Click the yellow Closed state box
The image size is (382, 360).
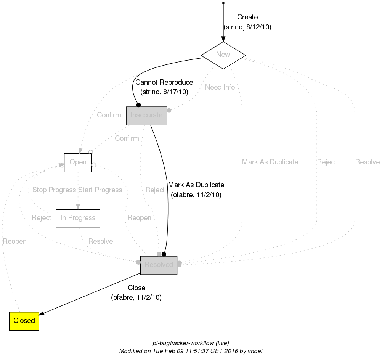pos(24,321)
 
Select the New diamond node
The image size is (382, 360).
pos(223,55)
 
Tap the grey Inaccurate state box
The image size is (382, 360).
pos(147,116)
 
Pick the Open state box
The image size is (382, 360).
pos(78,162)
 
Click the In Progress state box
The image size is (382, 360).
pos(78,218)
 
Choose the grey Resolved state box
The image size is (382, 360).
pos(159,265)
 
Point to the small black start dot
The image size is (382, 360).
pos(223,3)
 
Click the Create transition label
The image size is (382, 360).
pos(247,17)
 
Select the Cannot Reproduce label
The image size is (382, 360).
pos(164,82)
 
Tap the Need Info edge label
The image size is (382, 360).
pos(220,87)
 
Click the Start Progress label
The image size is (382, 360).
pos(100,190)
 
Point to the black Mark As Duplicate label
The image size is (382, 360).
pos(196,185)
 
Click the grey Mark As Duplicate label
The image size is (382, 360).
pos(270,162)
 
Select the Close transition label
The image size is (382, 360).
pos(136,288)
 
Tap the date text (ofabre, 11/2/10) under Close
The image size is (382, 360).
pos(136,298)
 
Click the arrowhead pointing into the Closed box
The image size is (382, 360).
pos(42,313)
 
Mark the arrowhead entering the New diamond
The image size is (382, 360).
pos(223,39)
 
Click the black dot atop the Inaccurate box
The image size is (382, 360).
pos(139,105)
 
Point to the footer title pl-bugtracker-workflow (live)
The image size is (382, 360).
pos(191,343)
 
